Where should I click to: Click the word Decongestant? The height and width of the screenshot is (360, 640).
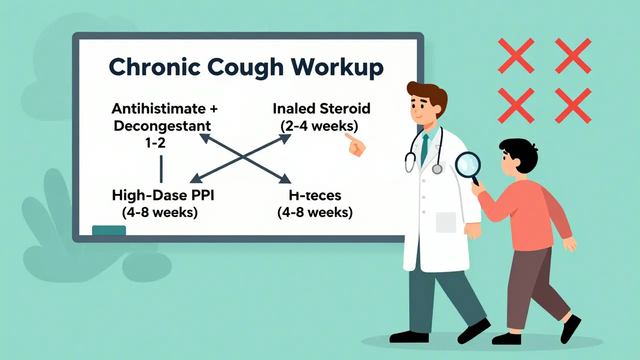coord(162,125)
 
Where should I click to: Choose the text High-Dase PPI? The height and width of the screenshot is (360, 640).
coord(162,195)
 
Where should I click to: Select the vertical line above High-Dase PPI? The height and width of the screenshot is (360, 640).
coord(161,168)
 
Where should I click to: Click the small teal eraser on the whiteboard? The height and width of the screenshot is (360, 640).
coord(109,230)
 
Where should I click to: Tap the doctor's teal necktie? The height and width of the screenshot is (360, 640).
coord(424,149)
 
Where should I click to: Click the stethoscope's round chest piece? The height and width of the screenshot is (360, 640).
coord(437,169)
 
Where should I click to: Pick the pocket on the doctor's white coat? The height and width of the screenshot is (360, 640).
coord(446,222)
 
